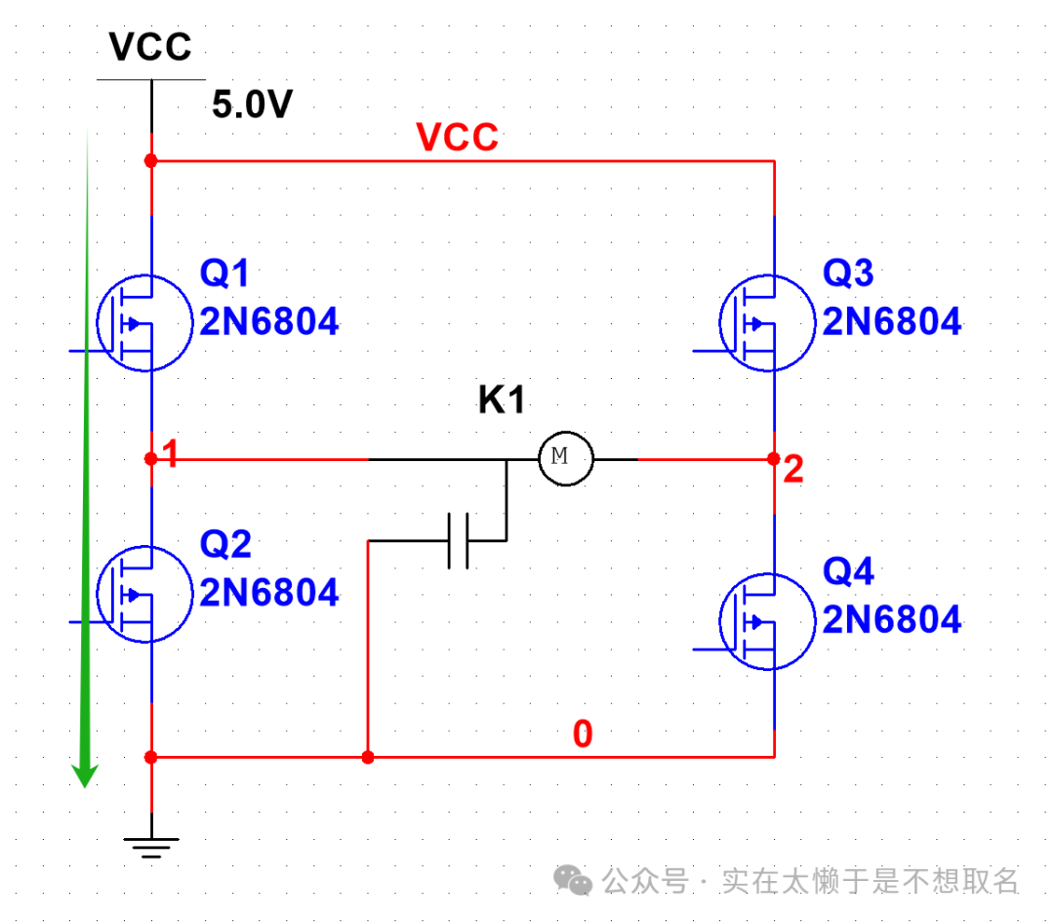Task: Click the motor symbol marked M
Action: pos(566,456)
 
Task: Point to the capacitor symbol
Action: pos(459,539)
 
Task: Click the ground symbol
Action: pos(150,846)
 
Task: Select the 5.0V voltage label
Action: pos(253,105)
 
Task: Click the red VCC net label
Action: pos(457,138)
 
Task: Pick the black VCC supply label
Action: pos(150,46)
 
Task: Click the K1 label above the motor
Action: pos(502,400)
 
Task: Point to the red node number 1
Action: pos(171,454)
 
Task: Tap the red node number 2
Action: pos(792,471)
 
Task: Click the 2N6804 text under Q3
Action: pos(891,321)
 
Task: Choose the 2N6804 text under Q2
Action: pos(269,593)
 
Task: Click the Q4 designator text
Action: pos(848,572)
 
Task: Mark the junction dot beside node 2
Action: pos(773,458)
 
